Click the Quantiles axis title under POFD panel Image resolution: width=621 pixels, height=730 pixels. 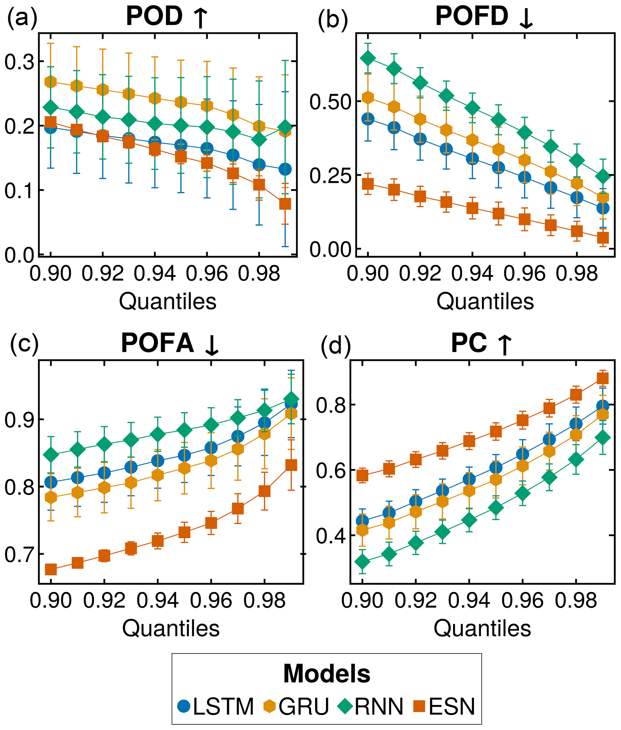coord(485,301)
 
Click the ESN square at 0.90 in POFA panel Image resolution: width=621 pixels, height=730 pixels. coord(51,569)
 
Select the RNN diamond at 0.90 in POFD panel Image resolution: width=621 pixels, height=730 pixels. coord(368,58)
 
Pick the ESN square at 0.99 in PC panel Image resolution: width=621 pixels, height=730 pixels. coord(603,378)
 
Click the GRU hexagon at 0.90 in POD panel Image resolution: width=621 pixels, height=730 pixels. coord(51,82)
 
